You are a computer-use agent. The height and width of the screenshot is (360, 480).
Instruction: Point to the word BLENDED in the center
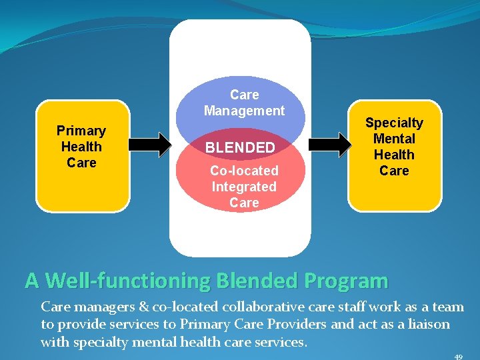239,147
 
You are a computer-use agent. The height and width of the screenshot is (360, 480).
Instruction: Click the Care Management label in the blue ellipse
244,103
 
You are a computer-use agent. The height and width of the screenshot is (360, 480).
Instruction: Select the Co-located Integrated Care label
244,187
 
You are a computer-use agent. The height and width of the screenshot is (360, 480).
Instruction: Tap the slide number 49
458,357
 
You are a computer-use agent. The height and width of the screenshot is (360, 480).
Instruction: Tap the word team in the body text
449,307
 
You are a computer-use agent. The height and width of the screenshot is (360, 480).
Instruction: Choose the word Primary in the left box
81,131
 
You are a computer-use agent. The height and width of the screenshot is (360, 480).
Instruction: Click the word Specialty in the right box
394,123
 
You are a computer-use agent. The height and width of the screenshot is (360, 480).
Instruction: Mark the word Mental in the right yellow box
394,139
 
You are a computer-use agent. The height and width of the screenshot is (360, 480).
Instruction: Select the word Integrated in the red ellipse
244,187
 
